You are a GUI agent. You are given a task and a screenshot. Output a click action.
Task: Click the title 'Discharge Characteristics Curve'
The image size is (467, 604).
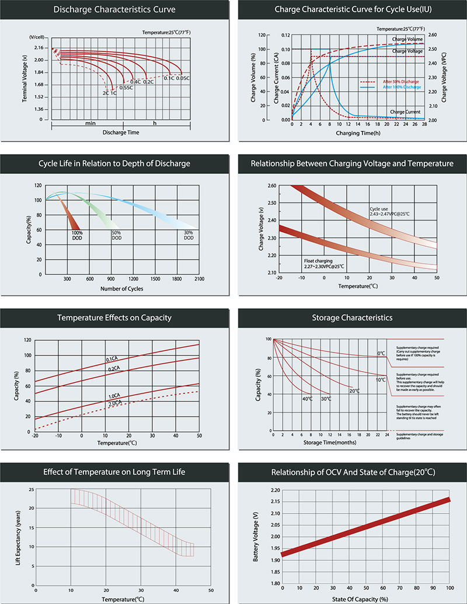point(114,9)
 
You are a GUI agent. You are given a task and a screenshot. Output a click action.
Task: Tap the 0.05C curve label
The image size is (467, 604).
point(183,78)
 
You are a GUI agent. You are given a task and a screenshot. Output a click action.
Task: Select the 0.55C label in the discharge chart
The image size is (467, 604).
point(126,88)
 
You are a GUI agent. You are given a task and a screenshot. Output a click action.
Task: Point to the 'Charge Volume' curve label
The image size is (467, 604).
point(407,40)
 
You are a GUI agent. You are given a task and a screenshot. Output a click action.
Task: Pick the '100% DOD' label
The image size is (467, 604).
point(77,235)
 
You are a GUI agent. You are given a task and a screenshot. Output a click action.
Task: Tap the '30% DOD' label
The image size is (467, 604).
point(188,235)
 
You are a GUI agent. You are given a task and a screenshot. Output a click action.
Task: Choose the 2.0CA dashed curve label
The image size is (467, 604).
point(115,403)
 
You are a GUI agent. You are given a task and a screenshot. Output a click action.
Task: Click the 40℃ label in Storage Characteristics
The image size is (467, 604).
point(307,399)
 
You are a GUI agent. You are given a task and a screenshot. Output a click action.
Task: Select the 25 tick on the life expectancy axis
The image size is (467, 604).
point(30,489)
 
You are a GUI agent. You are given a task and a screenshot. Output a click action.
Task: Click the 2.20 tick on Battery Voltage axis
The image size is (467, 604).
point(277,490)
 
